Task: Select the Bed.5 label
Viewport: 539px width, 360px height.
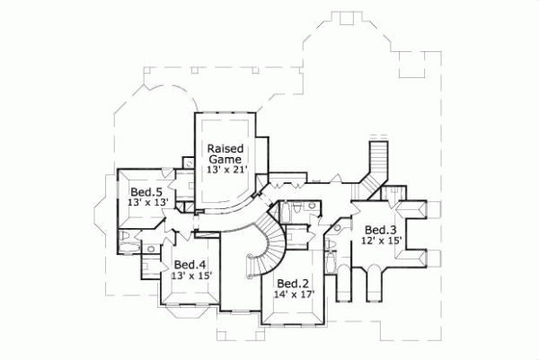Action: [x=146, y=192]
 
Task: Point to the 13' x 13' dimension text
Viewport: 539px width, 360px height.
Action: [x=146, y=204]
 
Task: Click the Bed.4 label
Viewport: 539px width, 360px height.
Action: [x=190, y=265]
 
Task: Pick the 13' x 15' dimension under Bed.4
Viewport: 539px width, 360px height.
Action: [x=190, y=277]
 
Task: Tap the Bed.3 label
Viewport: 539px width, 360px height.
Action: [x=382, y=230]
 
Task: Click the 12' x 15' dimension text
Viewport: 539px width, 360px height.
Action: [x=381, y=241]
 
